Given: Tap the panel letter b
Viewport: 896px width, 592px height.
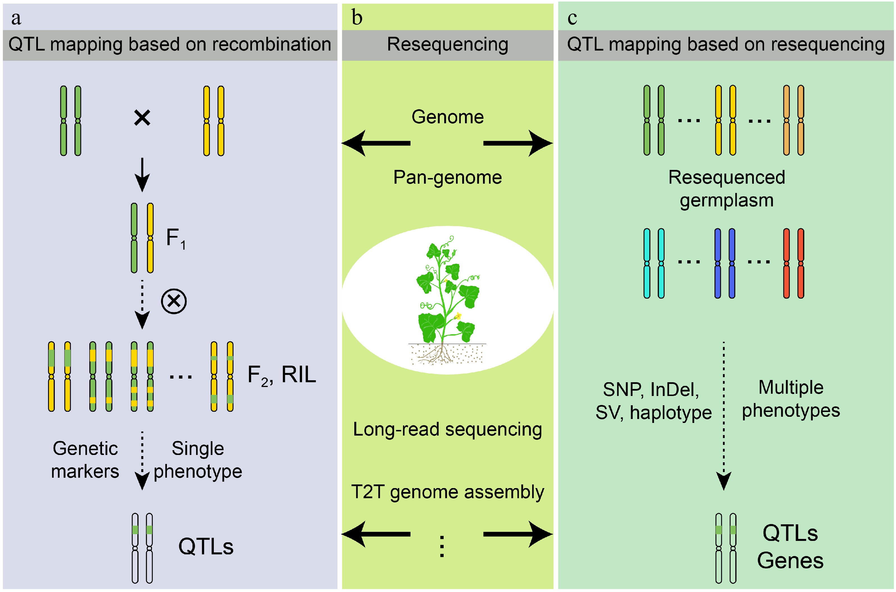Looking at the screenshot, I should (357, 17).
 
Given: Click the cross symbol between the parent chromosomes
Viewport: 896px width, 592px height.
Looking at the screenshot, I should (142, 118).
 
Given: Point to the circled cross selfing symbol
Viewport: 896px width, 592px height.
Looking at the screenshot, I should (174, 301).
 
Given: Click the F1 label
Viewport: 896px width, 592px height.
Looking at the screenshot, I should (176, 239).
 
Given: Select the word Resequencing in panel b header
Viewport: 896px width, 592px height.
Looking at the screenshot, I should (448, 45).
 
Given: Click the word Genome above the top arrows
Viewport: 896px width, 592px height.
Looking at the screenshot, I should (448, 117).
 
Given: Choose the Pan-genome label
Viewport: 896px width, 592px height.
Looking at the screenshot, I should (448, 177).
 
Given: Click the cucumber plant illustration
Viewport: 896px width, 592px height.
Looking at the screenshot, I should (448, 300).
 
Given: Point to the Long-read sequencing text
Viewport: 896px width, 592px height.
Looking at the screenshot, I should (448, 430).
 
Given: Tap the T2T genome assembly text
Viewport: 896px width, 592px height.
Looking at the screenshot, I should (448, 492).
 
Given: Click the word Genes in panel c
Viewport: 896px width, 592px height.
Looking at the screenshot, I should (790, 560).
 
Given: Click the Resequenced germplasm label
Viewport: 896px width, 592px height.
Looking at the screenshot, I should (726, 189).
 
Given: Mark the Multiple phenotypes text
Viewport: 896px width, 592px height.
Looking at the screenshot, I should (791, 399).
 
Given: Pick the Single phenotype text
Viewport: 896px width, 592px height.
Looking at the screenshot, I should (198, 460).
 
